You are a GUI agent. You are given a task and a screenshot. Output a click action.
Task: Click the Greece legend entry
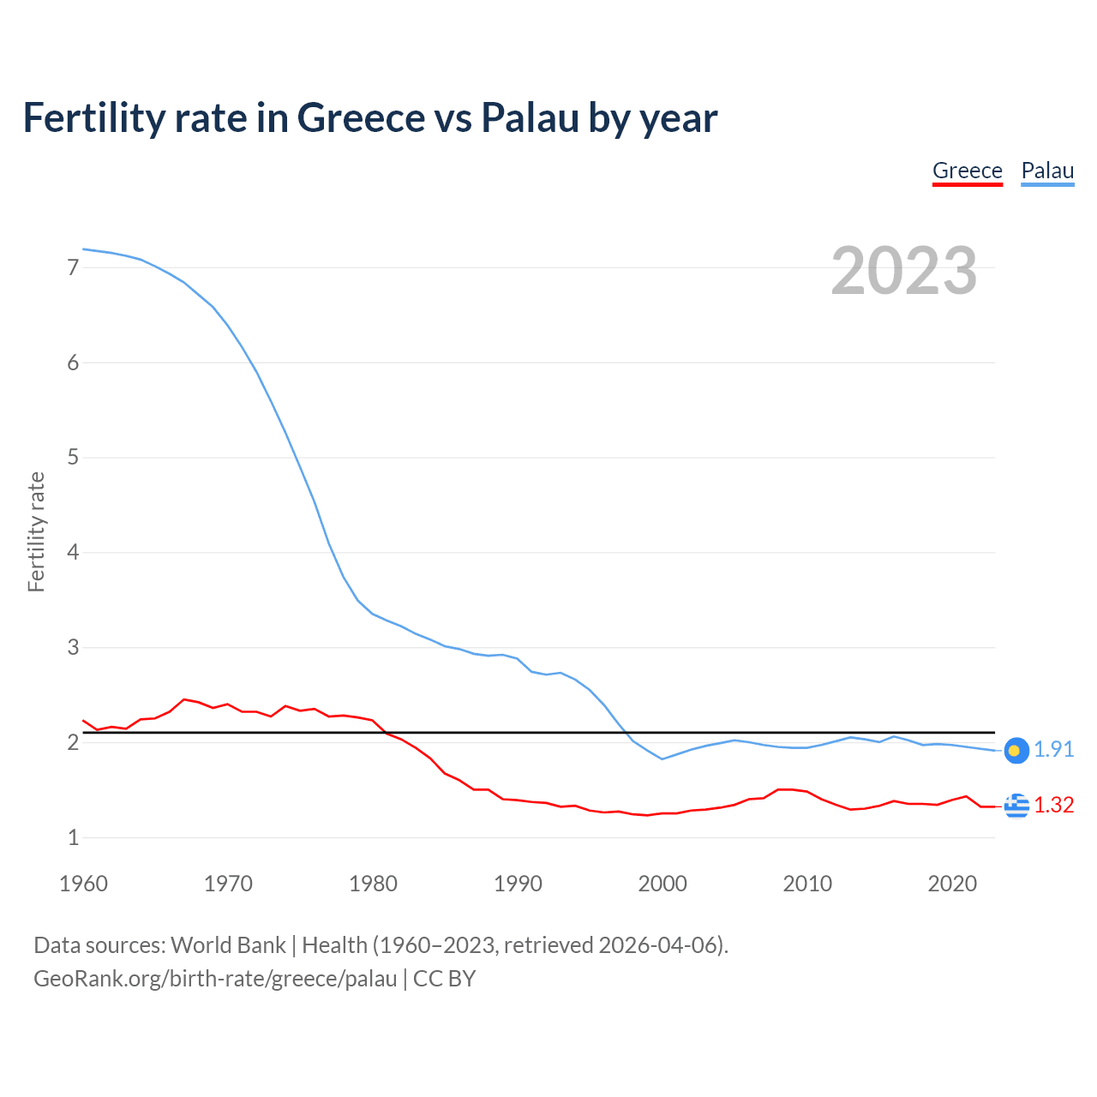click(x=967, y=171)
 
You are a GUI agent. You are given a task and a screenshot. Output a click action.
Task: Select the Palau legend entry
click(x=1047, y=171)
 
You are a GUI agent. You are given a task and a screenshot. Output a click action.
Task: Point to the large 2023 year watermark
click(x=903, y=271)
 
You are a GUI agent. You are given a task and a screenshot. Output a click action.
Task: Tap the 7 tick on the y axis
click(x=73, y=267)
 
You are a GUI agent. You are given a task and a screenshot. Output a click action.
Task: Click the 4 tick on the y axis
click(x=73, y=552)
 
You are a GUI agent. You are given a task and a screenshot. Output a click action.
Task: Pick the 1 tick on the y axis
click(x=73, y=837)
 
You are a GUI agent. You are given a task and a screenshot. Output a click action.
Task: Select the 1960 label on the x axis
click(x=83, y=884)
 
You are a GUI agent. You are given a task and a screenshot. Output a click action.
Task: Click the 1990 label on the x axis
click(x=518, y=884)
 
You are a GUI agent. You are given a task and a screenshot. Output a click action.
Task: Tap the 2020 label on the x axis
click(x=952, y=884)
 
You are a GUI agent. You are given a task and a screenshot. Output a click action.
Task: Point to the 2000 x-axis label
click(x=662, y=884)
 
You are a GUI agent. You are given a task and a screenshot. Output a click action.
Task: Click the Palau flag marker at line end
click(x=1016, y=751)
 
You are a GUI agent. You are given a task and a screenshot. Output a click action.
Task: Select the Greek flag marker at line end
click(x=1016, y=806)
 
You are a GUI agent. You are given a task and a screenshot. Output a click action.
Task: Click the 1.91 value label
click(x=1053, y=750)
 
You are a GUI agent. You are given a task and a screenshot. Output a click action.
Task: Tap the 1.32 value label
click(x=1053, y=806)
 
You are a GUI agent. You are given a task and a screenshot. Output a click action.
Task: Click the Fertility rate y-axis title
click(x=36, y=531)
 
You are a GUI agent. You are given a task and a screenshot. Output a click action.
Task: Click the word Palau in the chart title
click(x=529, y=117)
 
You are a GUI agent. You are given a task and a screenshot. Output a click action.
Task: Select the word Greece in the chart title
click(x=360, y=117)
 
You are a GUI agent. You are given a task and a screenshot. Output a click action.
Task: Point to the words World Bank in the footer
click(x=228, y=945)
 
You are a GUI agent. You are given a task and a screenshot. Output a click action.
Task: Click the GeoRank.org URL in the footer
click(x=215, y=979)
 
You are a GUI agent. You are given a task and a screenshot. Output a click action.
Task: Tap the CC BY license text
click(x=444, y=979)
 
